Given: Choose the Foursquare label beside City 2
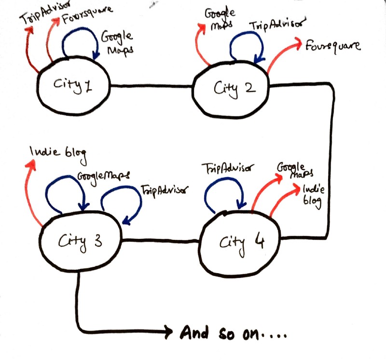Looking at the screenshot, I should (333, 46).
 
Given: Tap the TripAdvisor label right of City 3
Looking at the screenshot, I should (164, 190).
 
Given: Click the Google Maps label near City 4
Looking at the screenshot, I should (294, 169).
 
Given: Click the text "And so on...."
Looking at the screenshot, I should (234, 332).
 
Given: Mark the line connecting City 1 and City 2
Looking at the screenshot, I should (152, 87).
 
